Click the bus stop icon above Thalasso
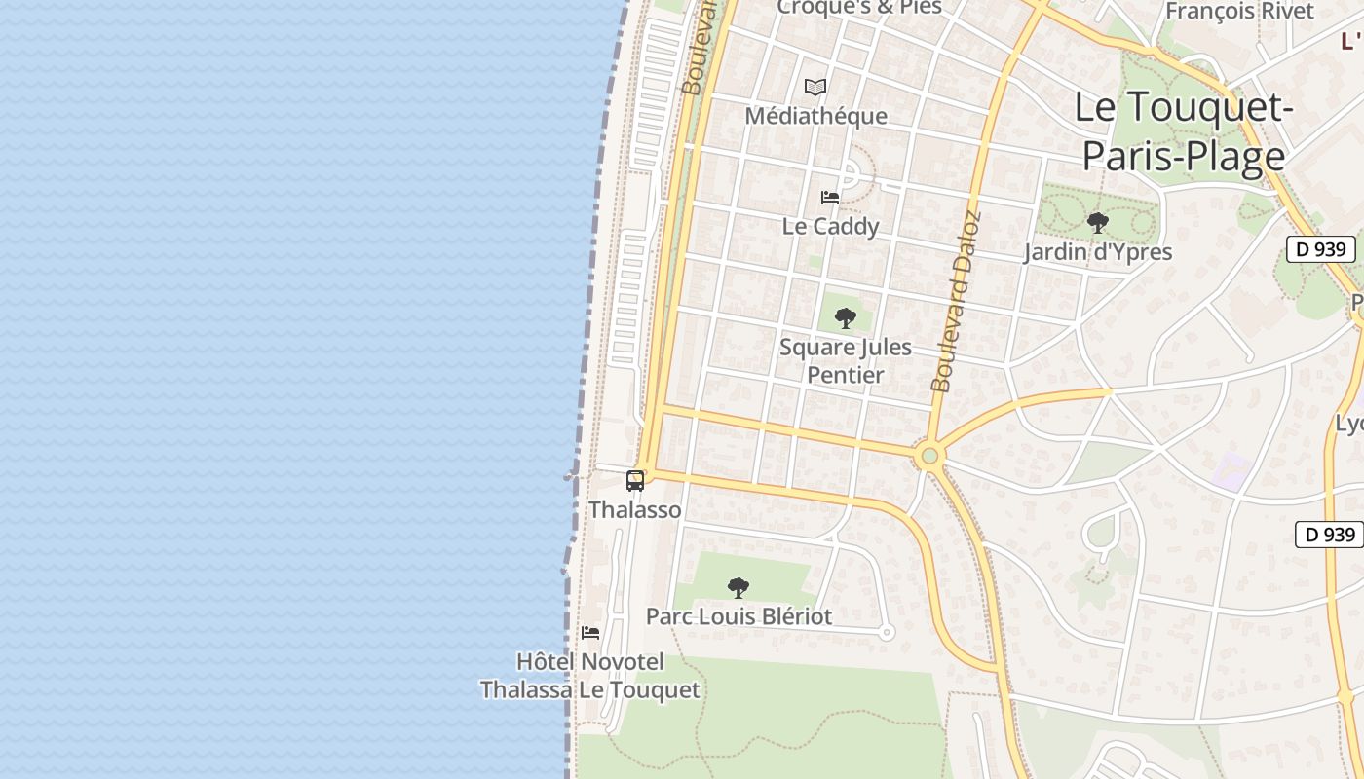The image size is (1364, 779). (x=635, y=480)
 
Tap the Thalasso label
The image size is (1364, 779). (x=635, y=509)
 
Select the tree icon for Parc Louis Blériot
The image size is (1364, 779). (x=739, y=587)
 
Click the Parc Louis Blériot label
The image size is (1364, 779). (x=739, y=616)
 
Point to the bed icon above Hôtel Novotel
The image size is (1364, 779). (x=590, y=633)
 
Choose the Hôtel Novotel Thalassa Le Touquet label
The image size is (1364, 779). (x=590, y=676)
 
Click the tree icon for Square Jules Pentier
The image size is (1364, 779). (x=846, y=317)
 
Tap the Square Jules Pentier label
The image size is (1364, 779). (x=846, y=360)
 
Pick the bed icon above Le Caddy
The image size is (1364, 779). (x=830, y=197)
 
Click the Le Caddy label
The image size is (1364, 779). (x=831, y=226)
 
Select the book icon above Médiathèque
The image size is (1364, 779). (x=815, y=88)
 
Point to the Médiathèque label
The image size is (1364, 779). (x=816, y=116)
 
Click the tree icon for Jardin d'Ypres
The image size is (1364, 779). (x=1098, y=223)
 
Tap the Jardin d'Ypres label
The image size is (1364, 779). (x=1098, y=251)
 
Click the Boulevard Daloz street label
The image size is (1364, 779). (x=956, y=302)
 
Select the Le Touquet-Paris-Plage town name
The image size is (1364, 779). (x=1184, y=131)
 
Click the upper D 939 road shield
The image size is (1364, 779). (x=1321, y=249)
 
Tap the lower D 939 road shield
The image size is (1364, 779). (x=1330, y=534)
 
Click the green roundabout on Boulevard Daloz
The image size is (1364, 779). (x=929, y=455)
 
